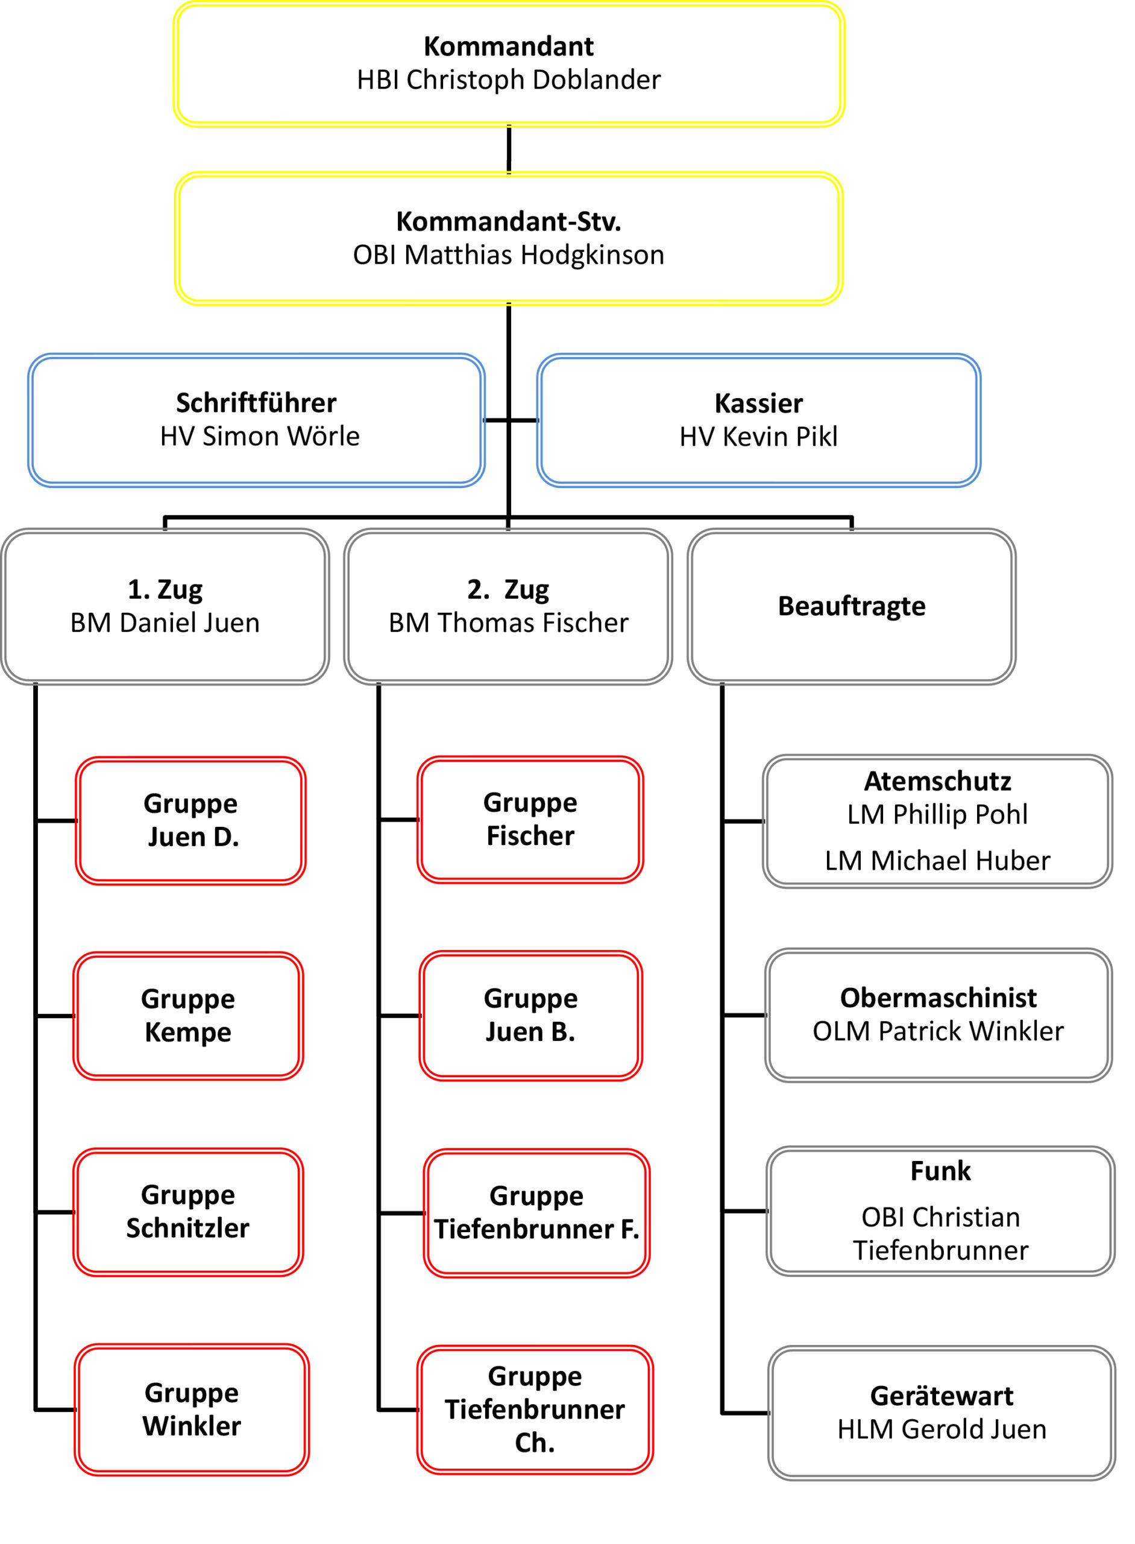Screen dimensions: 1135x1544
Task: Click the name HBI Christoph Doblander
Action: tap(508, 80)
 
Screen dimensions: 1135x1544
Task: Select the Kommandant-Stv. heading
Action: tap(508, 221)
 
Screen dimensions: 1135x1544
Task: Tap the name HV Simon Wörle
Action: tap(260, 436)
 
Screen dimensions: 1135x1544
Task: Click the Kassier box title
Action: tap(758, 403)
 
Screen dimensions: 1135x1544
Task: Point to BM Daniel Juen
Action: tap(165, 622)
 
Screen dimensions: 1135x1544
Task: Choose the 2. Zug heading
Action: tap(508, 589)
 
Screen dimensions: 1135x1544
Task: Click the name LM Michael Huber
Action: tap(937, 861)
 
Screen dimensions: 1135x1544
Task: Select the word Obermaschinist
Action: tap(938, 998)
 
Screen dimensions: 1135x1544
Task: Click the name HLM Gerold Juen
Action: tap(942, 1429)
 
